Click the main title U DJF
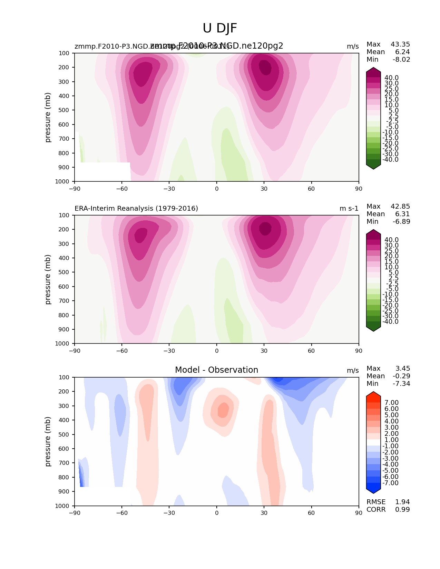point(220,28)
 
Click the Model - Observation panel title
point(216,370)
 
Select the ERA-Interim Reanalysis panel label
point(136,208)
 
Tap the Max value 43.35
point(400,44)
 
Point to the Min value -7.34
point(401,384)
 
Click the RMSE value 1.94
point(402,502)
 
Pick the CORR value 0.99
point(402,510)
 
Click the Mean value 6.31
point(403,214)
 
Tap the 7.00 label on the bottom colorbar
point(391,403)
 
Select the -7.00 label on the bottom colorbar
point(391,483)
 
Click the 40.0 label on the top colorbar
point(391,78)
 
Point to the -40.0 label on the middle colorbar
point(390,322)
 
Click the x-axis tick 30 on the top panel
point(264,189)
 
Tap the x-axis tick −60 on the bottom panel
point(122,513)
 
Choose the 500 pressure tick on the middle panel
point(64,272)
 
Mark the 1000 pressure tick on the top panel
point(62,181)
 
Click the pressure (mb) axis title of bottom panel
point(48,441)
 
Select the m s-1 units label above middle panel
point(349,208)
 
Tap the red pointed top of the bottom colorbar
point(373,395)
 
